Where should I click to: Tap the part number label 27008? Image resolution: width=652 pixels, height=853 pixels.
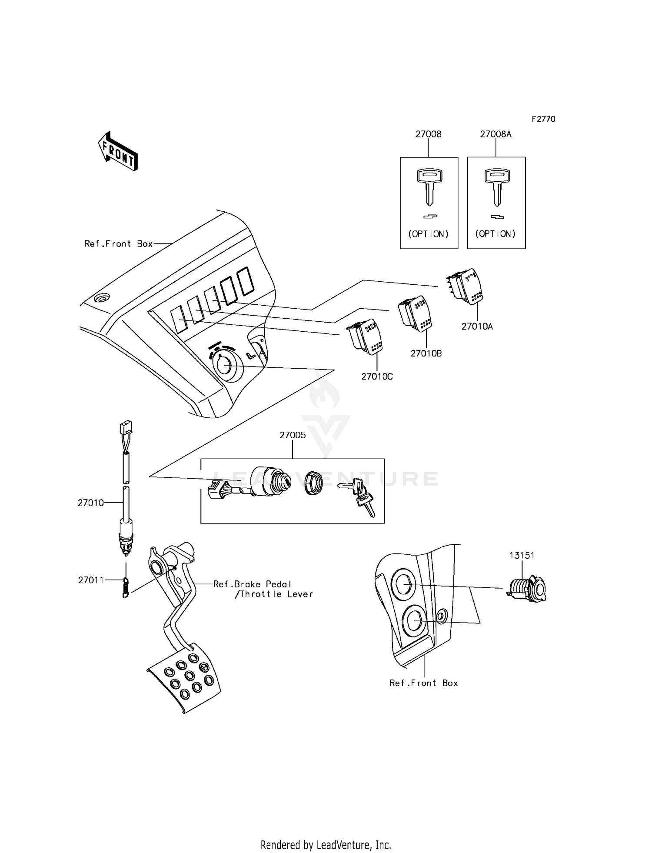(x=428, y=134)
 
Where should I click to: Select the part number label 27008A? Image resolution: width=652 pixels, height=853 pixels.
(x=496, y=134)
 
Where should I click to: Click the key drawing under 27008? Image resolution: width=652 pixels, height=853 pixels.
(x=429, y=187)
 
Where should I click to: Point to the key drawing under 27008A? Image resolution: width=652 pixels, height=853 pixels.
(x=496, y=187)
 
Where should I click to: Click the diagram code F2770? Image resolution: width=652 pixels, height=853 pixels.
(x=543, y=119)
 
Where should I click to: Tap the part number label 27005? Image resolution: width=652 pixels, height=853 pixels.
(x=293, y=435)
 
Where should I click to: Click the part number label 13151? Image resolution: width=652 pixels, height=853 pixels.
(x=522, y=555)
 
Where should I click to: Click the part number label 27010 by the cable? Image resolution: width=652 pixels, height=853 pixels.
(x=91, y=503)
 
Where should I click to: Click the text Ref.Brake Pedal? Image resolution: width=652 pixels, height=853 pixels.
(x=252, y=584)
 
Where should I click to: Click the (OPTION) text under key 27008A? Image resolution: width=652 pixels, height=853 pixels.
(x=496, y=234)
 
